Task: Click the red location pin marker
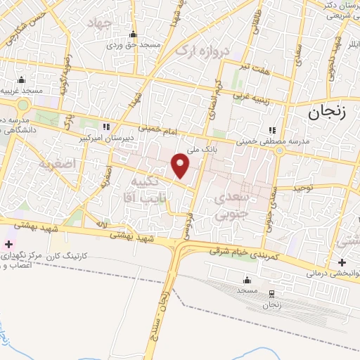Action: click(x=181, y=165)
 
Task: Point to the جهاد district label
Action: click(x=99, y=25)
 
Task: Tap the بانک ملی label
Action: click(x=202, y=148)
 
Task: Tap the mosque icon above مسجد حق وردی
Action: click(x=134, y=34)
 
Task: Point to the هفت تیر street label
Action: click(x=255, y=68)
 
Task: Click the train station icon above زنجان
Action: click(x=272, y=293)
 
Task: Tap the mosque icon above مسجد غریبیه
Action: click(x=22, y=79)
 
